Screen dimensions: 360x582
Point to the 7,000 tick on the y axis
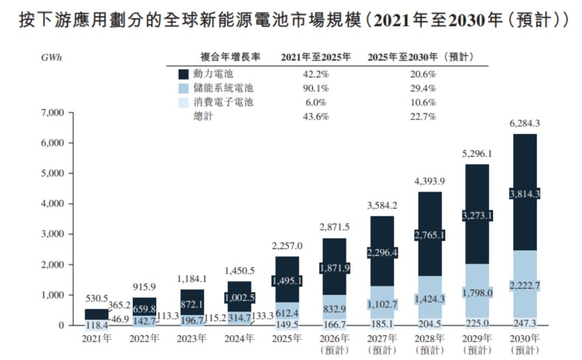(x=52, y=113)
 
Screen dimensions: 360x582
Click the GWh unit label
(x=52, y=58)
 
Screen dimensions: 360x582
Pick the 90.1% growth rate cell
(x=315, y=88)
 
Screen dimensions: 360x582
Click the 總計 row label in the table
(x=203, y=116)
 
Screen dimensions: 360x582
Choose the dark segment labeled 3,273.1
(x=477, y=216)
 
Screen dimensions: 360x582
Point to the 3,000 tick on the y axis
(x=52, y=234)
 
